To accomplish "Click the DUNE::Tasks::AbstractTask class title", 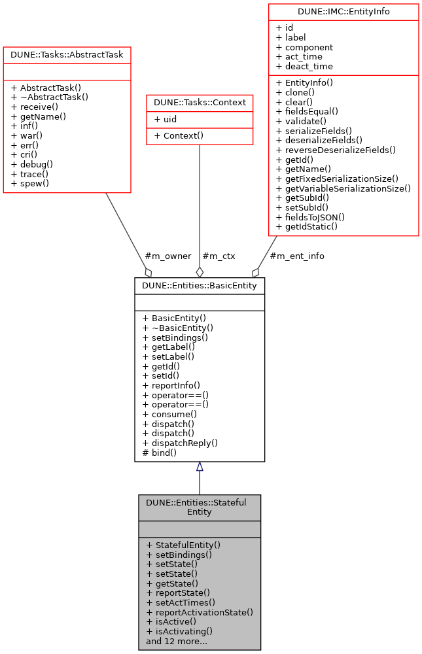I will tap(67, 55).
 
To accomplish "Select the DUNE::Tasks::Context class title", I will tap(199, 103).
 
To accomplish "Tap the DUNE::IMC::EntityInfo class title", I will tap(343, 12).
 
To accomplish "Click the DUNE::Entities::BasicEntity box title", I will tap(200, 286).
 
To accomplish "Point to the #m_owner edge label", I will tap(167, 256).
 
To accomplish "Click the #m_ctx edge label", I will tap(219, 256).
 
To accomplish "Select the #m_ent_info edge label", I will tap(296, 256).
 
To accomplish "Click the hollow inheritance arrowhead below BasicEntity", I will tap(200, 467).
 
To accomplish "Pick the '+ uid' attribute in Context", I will tap(165, 120).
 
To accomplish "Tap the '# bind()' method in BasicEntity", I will tap(160, 453).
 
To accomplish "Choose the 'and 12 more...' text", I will tap(177, 641).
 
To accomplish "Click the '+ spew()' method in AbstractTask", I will tap(30, 184).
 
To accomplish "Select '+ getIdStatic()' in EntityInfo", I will tap(307, 227).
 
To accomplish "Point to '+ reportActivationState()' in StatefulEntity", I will tap(200, 612).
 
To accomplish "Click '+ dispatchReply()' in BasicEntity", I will tap(180, 443).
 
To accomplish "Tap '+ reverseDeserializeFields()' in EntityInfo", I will tap(336, 149).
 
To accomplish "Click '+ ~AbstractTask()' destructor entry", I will tap(49, 97).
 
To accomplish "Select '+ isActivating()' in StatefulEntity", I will tap(179, 631).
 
